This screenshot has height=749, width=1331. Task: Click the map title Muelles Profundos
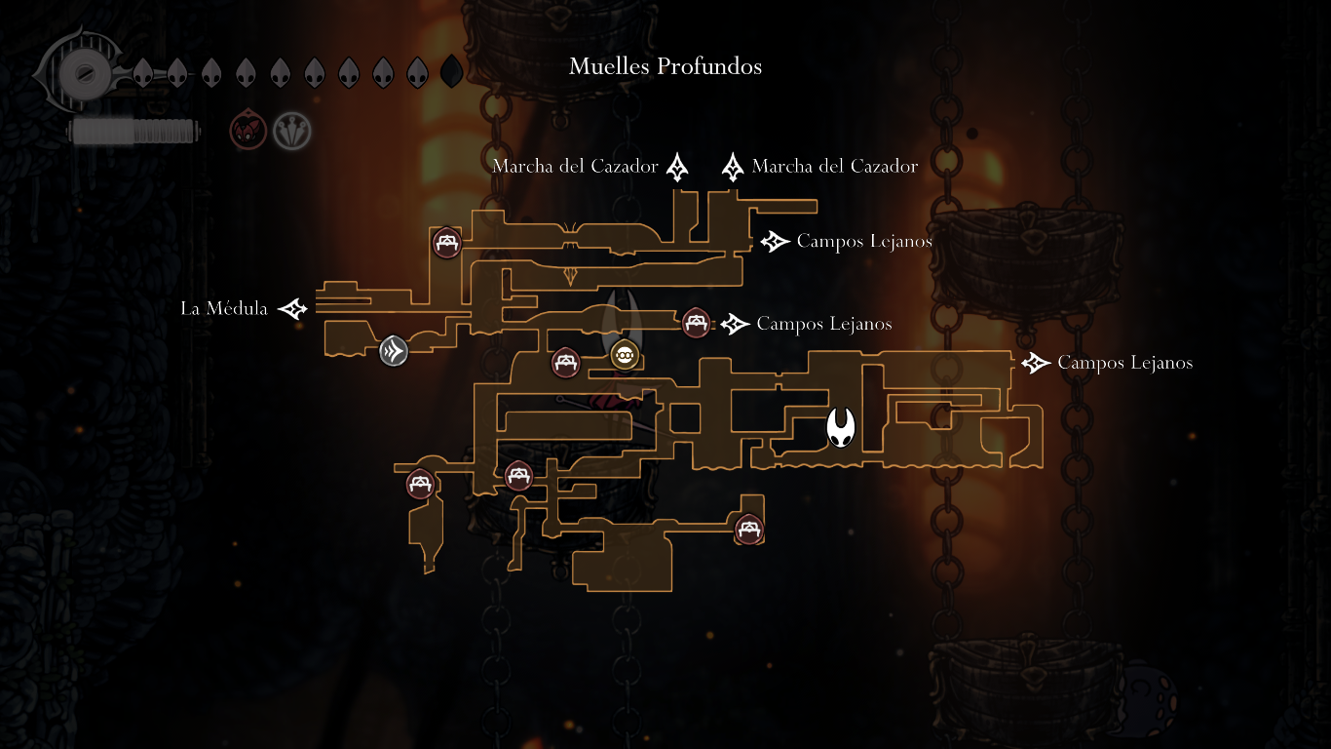pyautogui.click(x=665, y=66)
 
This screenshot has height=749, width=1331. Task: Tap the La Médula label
pyautogui.click(x=224, y=309)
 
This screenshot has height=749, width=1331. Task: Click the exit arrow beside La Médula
pyautogui.click(x=292, y=309)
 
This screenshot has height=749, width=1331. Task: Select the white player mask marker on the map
pyautogui.click(x=841, y=427)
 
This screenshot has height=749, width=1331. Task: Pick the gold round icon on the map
pyautogui.click(x=624, y=356)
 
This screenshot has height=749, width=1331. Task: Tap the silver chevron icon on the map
pyautogui.click(x=394, y=350)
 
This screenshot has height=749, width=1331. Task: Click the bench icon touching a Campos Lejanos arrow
pyautogui.click(x=695, y=322)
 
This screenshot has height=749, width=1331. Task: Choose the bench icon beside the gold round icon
pyautogui.click(x=566, y=363)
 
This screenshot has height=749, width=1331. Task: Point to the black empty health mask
pyautogui.click(x=451, y=72)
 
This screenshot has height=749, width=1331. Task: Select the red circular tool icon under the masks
pyautogui.click(x=247, y=131)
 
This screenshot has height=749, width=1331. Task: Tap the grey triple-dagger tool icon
pyautogui.click(x=291, y=131)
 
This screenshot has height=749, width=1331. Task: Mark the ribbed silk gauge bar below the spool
pyautogui.click(x=134, y=132)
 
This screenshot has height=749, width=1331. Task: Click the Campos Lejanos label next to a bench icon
pyautogui.click(x=824, y=324)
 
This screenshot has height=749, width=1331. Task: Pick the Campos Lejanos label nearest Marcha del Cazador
pyautogui.click(x=864, y=241)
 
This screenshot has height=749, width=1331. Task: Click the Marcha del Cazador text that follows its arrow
pyautogui.click(x=835, y=167)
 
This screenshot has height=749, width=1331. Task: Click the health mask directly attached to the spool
pyautogui.click(x=143, y=72)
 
